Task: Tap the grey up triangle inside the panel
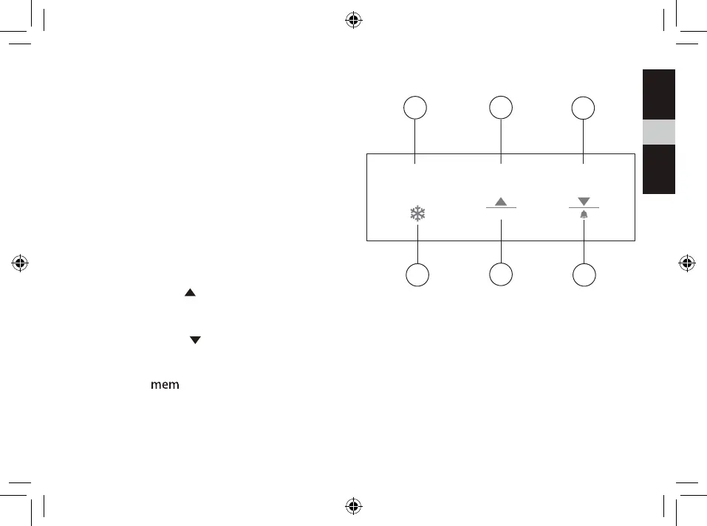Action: [x=501, y=201]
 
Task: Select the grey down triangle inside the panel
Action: [x=584, y=201]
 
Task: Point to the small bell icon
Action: [x=584, y=215]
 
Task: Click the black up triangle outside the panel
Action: [x=189, y=293]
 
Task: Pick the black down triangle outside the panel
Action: [x=196, y=339]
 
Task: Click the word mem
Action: [x=165, y=386]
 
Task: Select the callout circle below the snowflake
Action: [x=418, y=276]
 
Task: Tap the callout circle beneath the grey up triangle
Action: [x=501, y=276]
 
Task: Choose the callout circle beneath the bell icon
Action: [x=584, y=276]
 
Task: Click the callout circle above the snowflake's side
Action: [x=415, y=108]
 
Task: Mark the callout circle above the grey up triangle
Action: [x=502, y=108]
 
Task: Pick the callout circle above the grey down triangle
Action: [x=584, y=108]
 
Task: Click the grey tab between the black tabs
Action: [x=658, y=133]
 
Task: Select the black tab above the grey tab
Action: [x=658, y=94]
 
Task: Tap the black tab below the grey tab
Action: [x=658, y=169]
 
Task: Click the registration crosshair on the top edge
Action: [x=353, y=20]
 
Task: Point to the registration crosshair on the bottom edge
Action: [x=353, y=506]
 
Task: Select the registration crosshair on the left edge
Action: [x=20, y=262]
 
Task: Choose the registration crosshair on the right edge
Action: [x=686, y=262]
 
